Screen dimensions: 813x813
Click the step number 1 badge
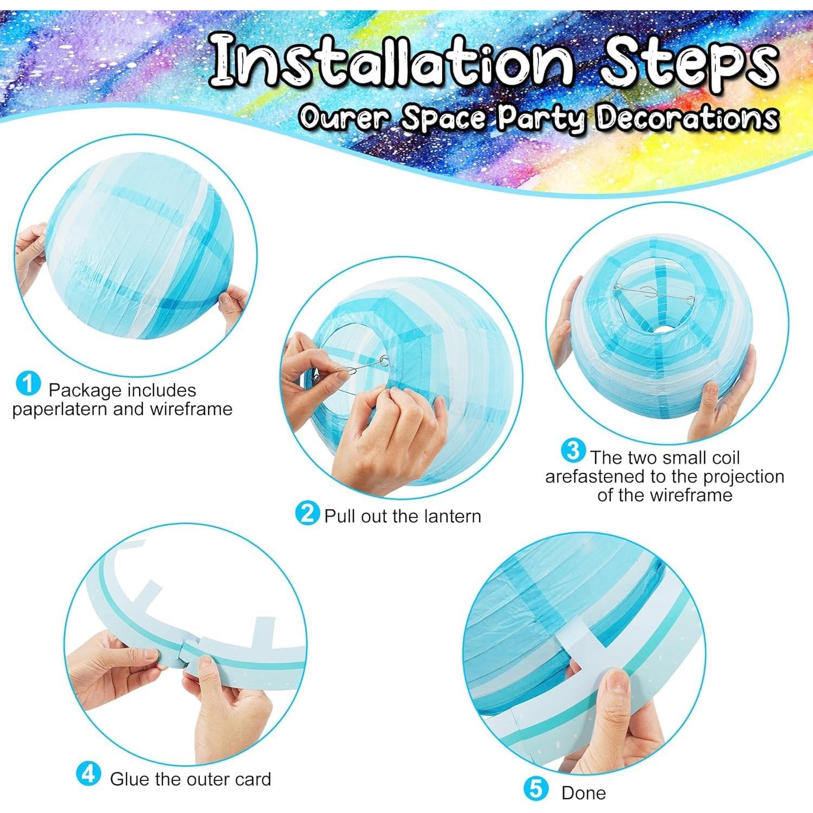pyautogui.click(x=28, y=384)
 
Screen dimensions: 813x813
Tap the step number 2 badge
pyautogui.click(x=307, y=512)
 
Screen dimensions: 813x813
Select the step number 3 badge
pyautogui.click(x=573, y=451)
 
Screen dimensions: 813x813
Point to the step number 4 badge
pyautogui.click(x=88, y=774)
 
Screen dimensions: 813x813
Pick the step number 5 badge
pyautogui.click(x=535, y=789)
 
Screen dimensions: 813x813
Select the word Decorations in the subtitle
pyautogui.click(x=687, y=117)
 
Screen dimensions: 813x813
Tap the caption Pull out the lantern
pyautogui.click(x=402, y=516)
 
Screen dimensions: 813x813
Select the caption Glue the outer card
pyautogui.click(x=190, y=779)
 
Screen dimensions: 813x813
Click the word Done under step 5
pyautogui.click(x=584, y=793)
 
